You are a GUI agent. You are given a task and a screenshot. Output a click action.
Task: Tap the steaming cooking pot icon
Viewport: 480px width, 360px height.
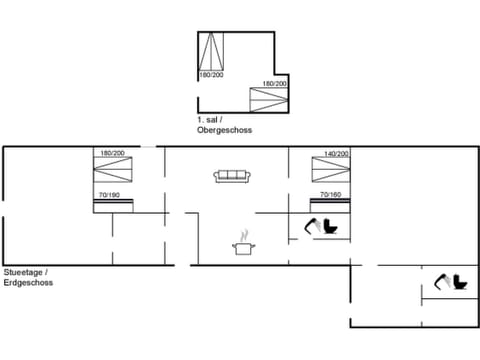click(242, 244)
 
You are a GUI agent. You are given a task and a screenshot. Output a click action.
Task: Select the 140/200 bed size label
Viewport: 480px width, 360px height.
click(336, 154)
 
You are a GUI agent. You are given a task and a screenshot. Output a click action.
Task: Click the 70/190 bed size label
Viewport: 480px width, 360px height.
click(109, 194)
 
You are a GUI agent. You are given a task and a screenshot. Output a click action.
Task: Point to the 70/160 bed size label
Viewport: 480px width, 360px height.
click(330, 194)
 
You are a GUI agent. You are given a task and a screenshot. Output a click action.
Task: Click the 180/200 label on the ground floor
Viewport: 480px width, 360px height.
click(112, 153)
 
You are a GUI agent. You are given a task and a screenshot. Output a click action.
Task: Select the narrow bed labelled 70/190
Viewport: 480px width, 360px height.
click(113, 205)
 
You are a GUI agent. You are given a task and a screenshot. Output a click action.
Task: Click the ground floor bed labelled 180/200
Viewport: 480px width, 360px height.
click(112, 172)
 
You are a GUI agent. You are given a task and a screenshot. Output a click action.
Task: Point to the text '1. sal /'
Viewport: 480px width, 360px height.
click(209, 119)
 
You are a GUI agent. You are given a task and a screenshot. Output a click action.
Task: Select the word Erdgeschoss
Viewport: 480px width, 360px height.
click(28, 283)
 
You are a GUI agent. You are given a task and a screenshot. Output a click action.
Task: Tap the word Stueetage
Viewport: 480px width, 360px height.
click(23, 273)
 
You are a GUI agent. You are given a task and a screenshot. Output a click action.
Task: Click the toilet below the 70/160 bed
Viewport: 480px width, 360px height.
click(331, 226)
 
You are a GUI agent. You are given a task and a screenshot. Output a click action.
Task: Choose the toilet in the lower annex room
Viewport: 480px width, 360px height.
click(460, 282)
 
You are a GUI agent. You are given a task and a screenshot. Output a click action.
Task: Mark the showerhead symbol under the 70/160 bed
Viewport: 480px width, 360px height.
click(313, 225)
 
